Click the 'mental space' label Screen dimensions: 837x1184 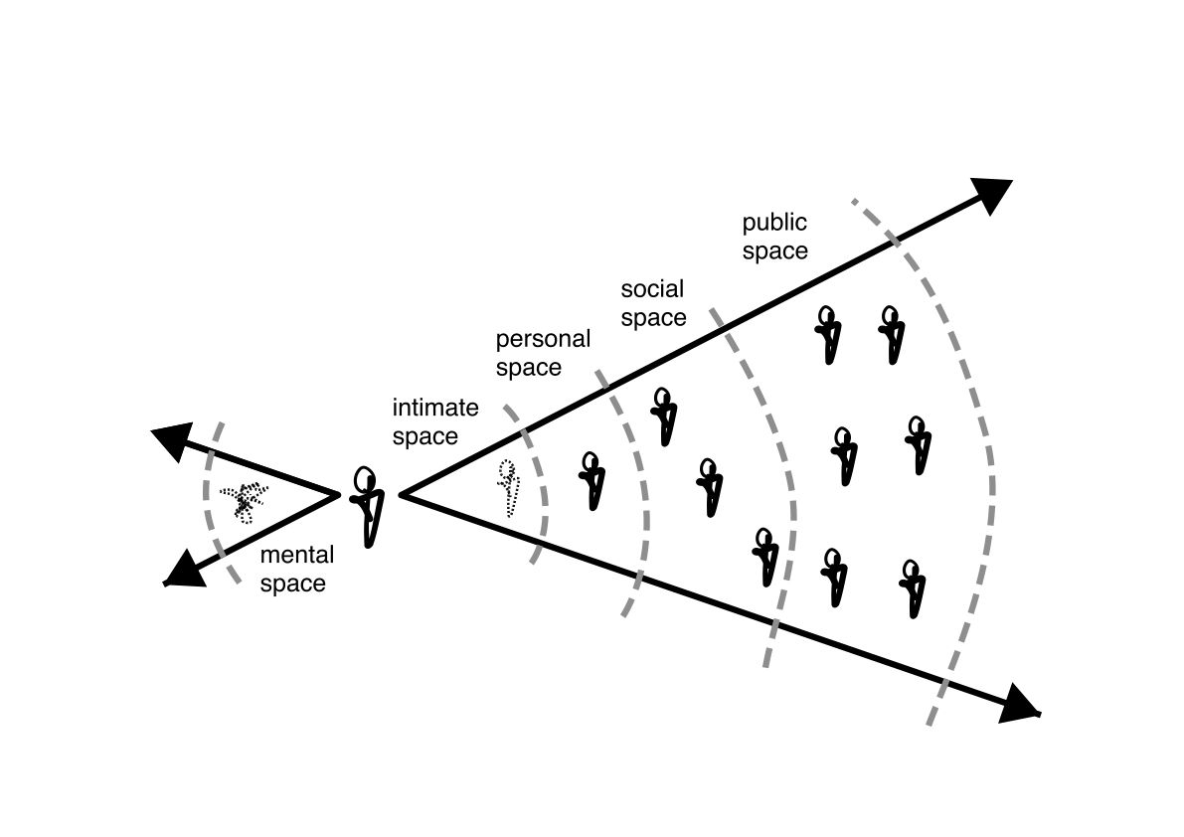pos(293,570)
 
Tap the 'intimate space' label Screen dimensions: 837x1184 pos(435,421)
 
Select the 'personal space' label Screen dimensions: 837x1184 pos(543,353)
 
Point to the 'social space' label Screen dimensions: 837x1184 pos(653,303)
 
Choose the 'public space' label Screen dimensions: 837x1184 pos(774,237)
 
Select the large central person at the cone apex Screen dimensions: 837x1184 pos(367,505)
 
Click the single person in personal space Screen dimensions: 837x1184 pos(592,481)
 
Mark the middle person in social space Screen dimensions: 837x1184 pos(709,486)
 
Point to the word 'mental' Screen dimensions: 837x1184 pos(295,556)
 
